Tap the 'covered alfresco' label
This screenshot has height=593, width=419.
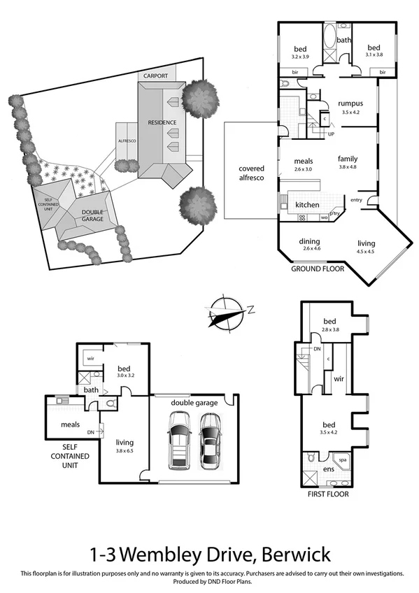click(x=251, y=173)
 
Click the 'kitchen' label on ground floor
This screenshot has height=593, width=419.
click(x=307, y=204)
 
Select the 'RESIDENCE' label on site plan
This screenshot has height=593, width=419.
click(x=162, y=122)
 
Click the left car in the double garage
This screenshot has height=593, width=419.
click(x=179, y=441)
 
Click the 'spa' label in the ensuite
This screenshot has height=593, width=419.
click(x=343, y=461)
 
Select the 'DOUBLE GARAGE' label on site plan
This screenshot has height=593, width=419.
click(x=92, y=215)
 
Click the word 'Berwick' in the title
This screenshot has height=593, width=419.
click(x=293, y=555)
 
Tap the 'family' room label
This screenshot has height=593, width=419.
click(x=348, y=159)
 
